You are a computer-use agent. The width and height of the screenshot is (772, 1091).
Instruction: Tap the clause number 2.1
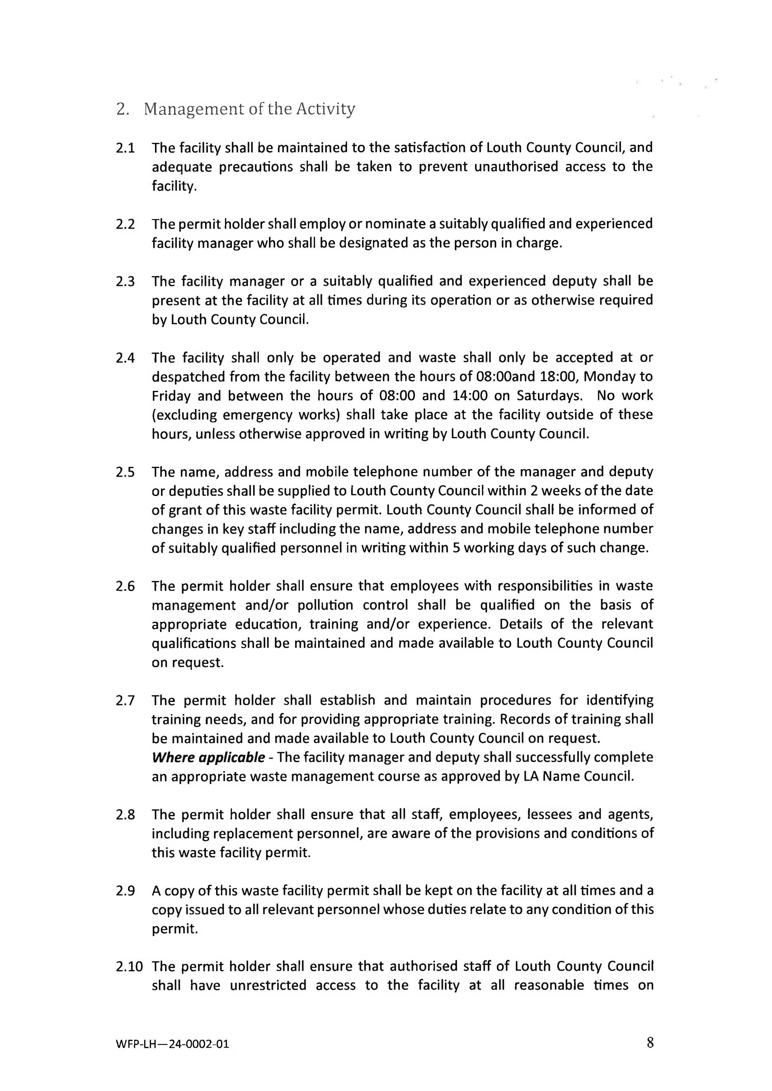click(x=125, y=148)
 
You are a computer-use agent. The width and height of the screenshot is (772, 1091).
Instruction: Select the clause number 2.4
click(x=125, y=357)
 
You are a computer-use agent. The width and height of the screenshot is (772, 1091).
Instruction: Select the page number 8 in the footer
click(x=650, y=1042)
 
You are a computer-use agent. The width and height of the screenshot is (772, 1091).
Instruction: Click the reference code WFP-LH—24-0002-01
click(x=172, y=1044)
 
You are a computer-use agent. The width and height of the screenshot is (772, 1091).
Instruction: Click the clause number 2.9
click(x=125, y=891)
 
